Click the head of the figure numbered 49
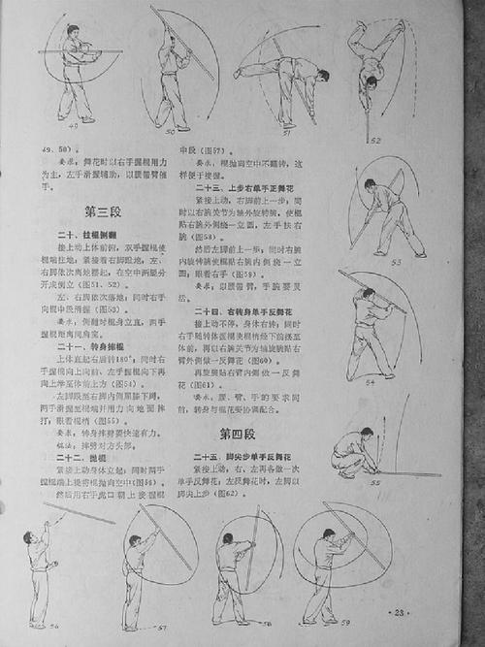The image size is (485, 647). pyautogui.click(x=73, y=32)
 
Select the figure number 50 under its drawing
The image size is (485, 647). pyautogui.click(x=172, y=129)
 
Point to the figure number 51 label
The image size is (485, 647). pyautogui.click(x=288, y=125)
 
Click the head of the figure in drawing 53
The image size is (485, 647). pyautogui.click(x=372, y=186)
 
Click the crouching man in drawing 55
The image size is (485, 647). pyautogui.click(x=348, y=450)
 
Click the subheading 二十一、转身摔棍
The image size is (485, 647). pyautogui.click(x=84, y=348)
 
